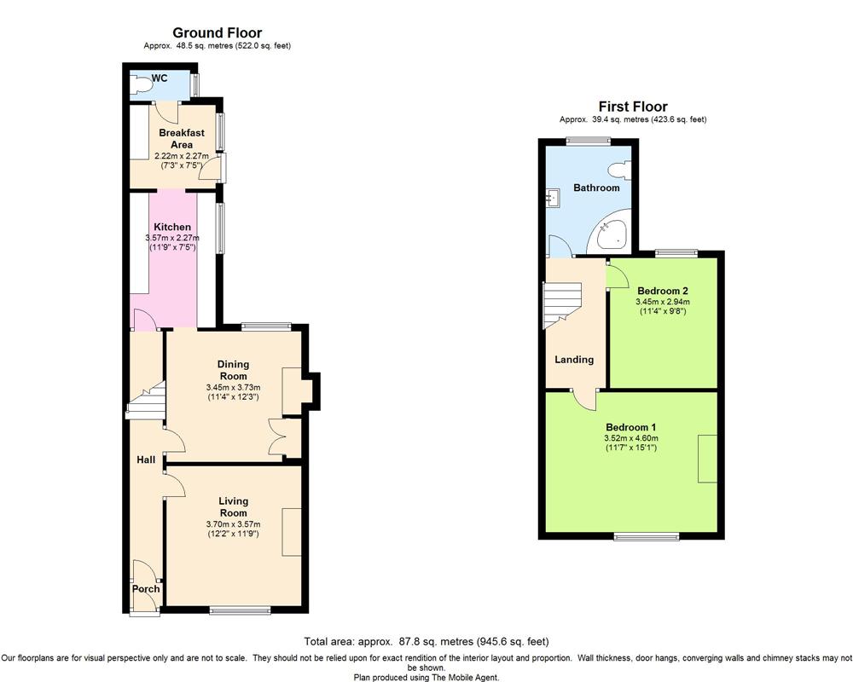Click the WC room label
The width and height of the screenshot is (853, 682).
(x=160, y=78)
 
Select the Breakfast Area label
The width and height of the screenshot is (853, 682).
(x=182, y=139)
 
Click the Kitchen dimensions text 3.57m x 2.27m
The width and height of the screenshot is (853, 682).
(x=172, y=238)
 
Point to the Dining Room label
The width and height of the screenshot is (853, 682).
(x=234, y=370)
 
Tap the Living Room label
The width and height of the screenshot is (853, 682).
(x=234, y=507)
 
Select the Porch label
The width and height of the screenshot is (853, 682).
(x=146, y=589)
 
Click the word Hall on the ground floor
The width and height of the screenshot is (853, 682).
(x=146, y=460)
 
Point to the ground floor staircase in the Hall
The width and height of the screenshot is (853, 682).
(x=147, y=401)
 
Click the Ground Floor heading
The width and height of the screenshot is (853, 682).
(x=217, y=32)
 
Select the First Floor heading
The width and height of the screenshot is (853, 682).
(x=633, y=107)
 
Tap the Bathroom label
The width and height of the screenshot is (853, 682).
(x=596, y=188)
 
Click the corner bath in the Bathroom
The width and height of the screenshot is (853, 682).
(x=611, y=230)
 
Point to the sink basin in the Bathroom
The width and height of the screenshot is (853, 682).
(x=553, y=199)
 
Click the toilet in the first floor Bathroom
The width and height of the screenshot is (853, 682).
(x=621, y=170)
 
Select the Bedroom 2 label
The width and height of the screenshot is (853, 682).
(x=663, y=291)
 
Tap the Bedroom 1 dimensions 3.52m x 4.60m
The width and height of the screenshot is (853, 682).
(x=631, y=438)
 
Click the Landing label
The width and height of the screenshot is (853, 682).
(x=574, y=360)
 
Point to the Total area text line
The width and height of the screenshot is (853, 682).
(x=426, y=642)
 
